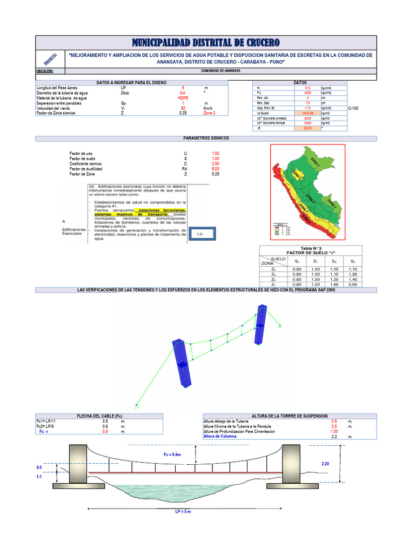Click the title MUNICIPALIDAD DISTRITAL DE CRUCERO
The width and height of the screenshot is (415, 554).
[206, 43]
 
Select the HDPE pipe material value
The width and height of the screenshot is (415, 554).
[183, 97]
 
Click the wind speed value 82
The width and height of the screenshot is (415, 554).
[183, 108]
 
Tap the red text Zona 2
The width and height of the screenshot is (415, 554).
[209, 113]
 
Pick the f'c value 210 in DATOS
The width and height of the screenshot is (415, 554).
[307, 87]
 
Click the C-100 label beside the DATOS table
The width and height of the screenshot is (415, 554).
[353, 108]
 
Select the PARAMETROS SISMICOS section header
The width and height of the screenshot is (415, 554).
[206, 138]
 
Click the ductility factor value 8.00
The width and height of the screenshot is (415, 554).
[216, 168]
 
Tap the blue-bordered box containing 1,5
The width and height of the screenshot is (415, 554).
[199, 234]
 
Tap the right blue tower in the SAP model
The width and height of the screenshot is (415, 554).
[261, 324]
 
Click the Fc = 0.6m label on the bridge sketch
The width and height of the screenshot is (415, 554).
[172, 454]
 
